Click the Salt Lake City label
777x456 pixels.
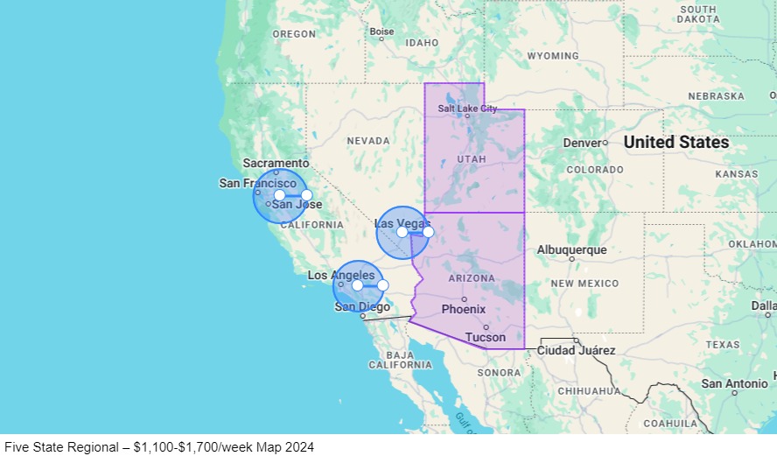click(467, 109)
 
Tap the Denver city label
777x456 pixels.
click(582, 143)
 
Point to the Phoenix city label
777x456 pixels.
click(464, 309)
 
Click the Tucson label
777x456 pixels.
click(485, 337)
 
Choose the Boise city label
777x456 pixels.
click(381, 32)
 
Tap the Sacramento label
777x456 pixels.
click(276, 163)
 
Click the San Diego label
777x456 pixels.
click(362, 306)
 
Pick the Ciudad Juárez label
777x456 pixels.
click(576, 351)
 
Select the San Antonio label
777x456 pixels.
click(734, 383)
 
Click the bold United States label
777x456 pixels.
click(675, 142)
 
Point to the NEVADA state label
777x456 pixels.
click(368, 141)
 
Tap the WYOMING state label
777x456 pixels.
click(552, 56)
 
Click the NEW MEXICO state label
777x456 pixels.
click(584, 284)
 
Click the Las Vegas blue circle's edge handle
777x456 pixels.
click(428, 232)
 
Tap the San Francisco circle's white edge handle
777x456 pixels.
click(306, 195)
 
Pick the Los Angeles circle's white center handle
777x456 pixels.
click(357, 285)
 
